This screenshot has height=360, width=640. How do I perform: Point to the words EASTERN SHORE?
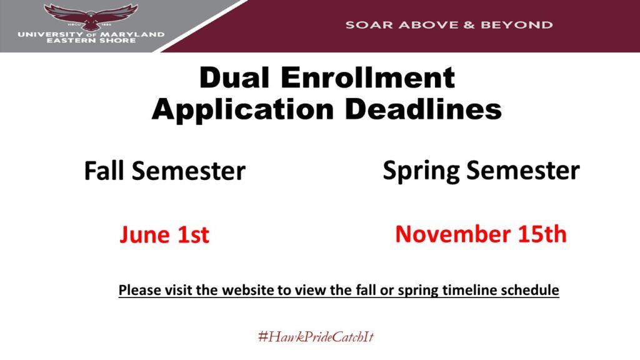point(91,41)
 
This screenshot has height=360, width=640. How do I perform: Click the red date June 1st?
point(164,235)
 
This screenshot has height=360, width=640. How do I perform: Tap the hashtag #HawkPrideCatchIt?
point(316,337)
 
